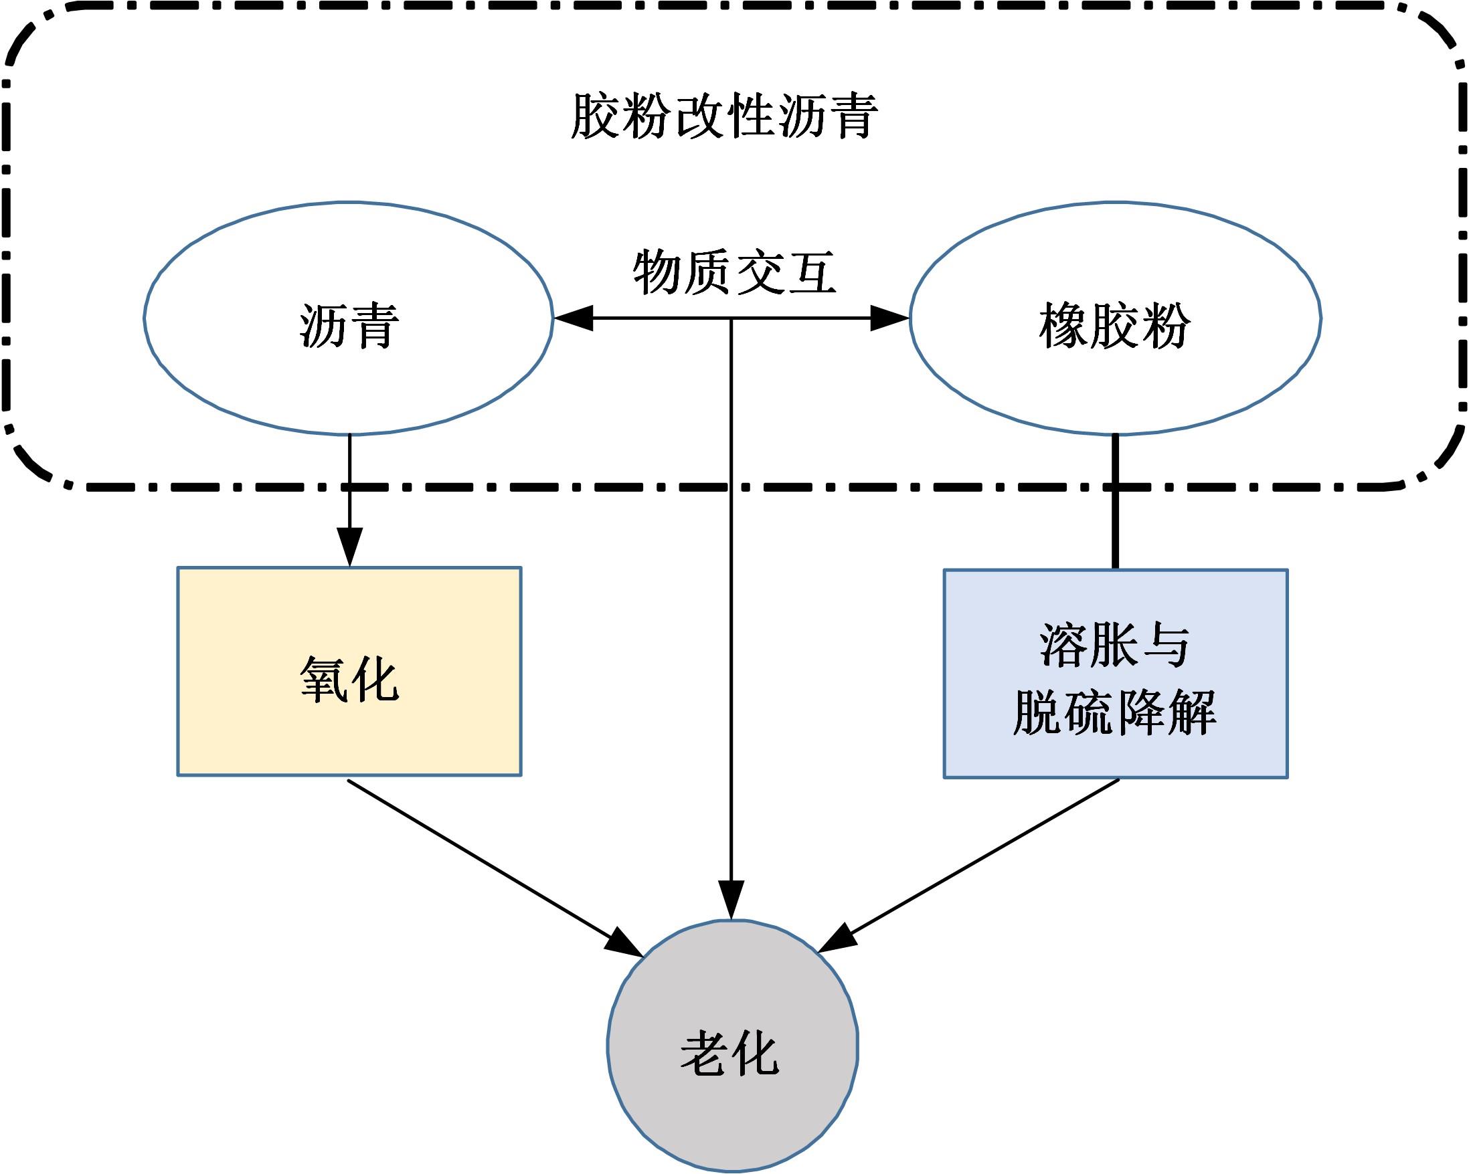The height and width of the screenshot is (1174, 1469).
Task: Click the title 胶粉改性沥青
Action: [x=724, y=116]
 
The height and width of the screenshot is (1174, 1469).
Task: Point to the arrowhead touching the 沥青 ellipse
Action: [x=571, y=318]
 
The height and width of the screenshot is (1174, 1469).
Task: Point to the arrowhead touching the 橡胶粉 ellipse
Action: [x=891, y=318]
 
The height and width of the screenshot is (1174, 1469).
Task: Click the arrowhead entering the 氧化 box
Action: [x=349, y=547]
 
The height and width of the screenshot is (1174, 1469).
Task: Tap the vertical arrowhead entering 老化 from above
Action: [x=731, y=902]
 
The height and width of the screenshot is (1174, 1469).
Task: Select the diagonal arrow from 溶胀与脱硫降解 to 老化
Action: [x=974, y=862]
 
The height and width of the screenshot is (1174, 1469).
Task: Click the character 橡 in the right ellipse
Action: [x=1063, y=325]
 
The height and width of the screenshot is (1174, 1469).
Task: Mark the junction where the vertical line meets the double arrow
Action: [x=731, y=318]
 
